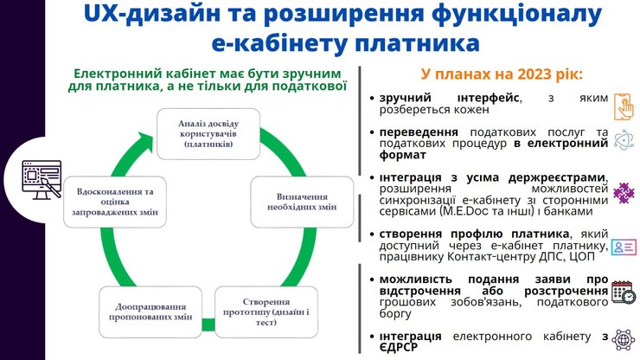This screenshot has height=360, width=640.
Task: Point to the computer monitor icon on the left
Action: (35, 180)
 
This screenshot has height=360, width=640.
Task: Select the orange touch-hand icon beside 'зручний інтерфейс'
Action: (623, 106)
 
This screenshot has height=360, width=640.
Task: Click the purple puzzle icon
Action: (623, 192)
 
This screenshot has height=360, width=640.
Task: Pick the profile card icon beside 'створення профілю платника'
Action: (623, 247)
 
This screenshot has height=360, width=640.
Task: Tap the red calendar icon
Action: (623, 292)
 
